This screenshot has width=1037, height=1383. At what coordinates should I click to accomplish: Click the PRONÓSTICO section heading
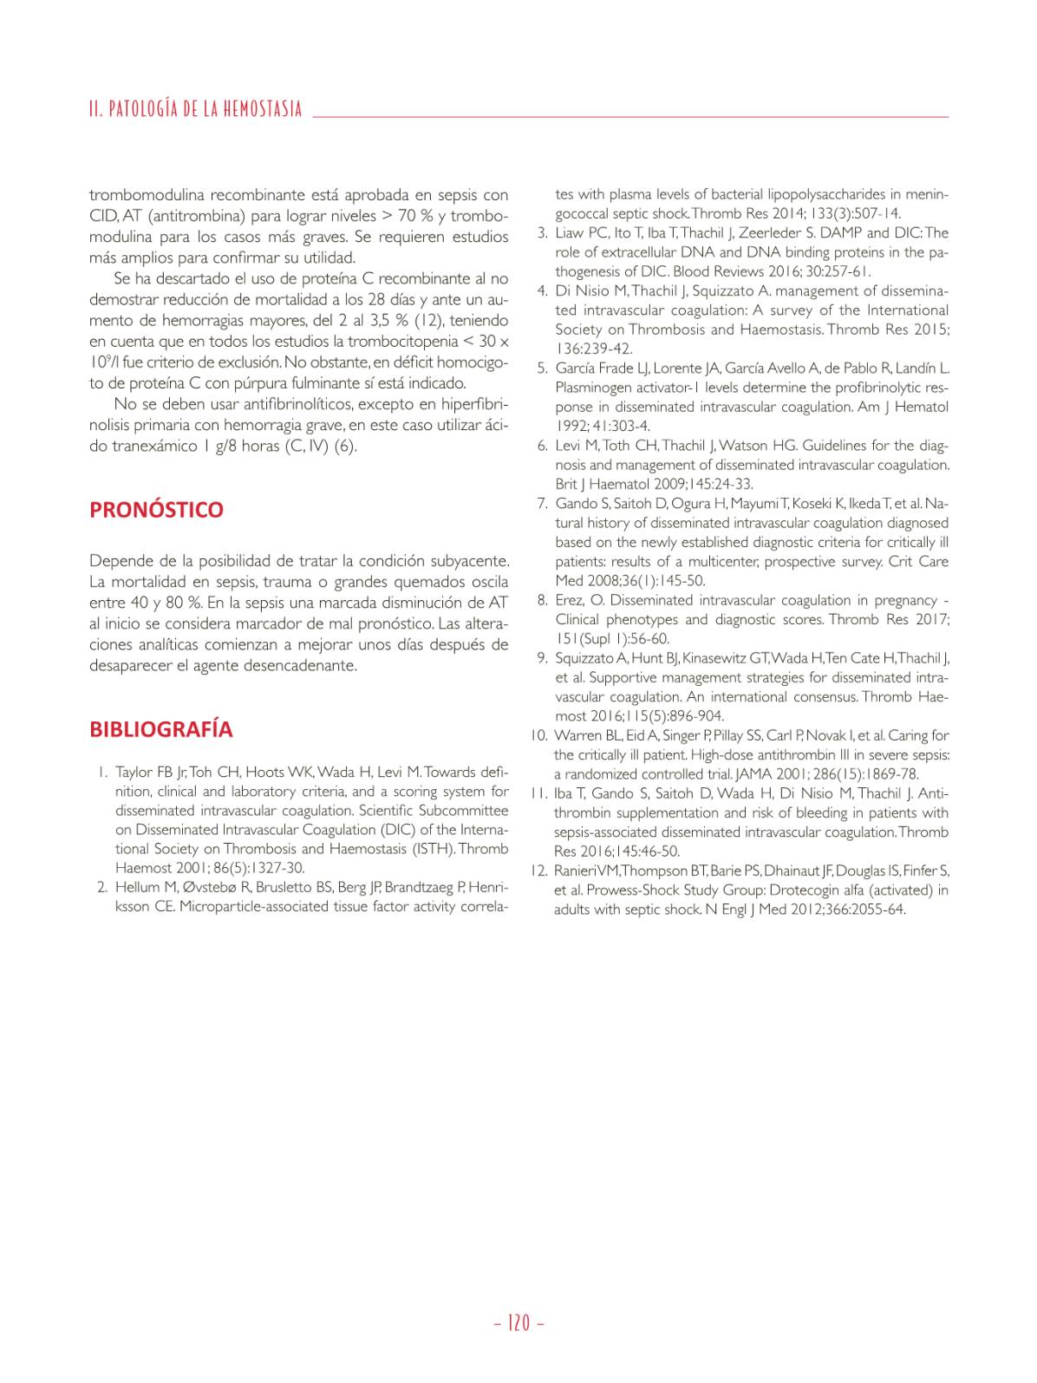(156, 510)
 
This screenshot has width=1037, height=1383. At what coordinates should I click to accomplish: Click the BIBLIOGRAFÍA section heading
(160, 729)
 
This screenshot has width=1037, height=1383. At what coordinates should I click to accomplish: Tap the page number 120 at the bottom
(518, 1323)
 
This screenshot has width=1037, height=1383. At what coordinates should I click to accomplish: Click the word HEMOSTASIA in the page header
(263, 109)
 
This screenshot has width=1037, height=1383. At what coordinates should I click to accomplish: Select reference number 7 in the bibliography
(542, 504)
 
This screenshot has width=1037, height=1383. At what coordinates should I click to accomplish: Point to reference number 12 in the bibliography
(538, 871)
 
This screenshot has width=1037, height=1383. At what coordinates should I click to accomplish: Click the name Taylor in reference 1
(134, 773)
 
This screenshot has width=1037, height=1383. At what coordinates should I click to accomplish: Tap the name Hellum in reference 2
(136, 887)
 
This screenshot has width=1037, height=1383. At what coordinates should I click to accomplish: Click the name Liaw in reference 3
(569, 233)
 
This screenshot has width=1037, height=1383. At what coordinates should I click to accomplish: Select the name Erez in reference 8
(569, 600)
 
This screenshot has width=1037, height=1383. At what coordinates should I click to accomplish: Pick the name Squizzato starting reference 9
(585, 658)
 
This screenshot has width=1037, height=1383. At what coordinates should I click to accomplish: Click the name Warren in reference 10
(575, 736)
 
